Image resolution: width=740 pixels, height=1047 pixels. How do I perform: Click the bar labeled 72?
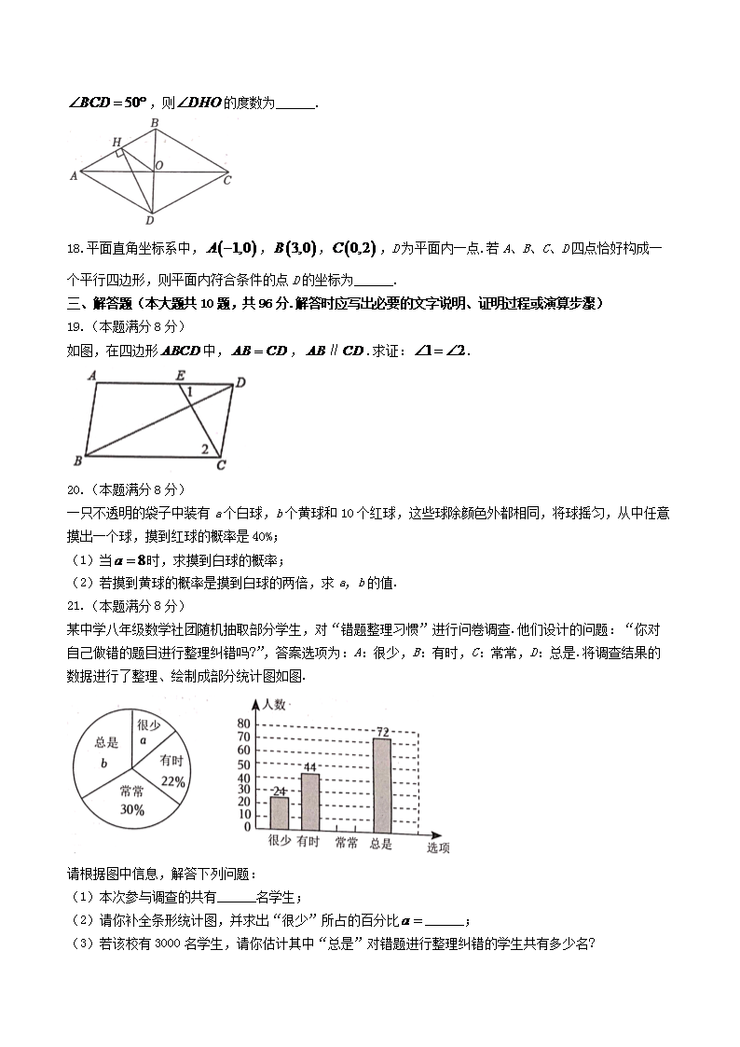click(x=381, y=783)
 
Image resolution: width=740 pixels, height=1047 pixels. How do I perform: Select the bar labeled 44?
click(x=309, y=801)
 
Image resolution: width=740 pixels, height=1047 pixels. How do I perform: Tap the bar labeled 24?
click(x=280, y=812)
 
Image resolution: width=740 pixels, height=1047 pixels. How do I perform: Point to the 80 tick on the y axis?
click(x=245, y=724)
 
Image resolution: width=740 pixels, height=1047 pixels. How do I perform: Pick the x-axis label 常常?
click(x=346, y=844)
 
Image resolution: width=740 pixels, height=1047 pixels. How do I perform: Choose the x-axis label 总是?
click(x=380, y=844)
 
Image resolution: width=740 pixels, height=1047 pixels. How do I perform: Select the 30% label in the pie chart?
click(x=132, y=810)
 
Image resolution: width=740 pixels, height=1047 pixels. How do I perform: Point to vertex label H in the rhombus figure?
click(x=116, y=141)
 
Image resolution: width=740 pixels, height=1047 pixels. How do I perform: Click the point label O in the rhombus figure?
click(x=159, y=165)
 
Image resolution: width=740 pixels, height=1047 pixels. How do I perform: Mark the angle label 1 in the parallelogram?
click(x=189, y=392)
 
